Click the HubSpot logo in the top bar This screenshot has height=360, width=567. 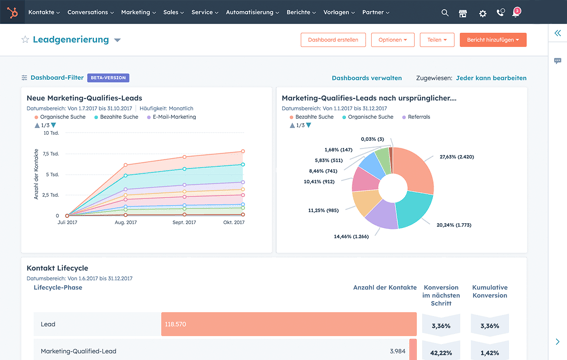12,13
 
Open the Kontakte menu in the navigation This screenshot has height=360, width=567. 43,13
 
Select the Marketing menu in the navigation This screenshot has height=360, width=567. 138,13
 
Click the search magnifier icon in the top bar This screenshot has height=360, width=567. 445,13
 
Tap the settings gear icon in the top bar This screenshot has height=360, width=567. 482,13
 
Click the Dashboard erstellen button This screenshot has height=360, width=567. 333,40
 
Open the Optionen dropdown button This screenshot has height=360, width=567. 392,40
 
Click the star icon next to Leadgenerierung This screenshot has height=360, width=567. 25,40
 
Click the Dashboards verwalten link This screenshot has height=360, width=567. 366,77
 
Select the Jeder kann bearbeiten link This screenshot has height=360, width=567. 490,77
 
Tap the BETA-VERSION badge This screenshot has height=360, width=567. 108,77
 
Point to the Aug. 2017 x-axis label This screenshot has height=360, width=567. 126,222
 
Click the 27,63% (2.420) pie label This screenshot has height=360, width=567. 456,157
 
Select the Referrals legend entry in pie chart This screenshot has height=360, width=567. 416,117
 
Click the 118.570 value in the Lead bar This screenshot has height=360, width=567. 176,325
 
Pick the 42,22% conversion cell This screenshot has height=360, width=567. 440,352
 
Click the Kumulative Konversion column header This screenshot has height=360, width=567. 490,291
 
